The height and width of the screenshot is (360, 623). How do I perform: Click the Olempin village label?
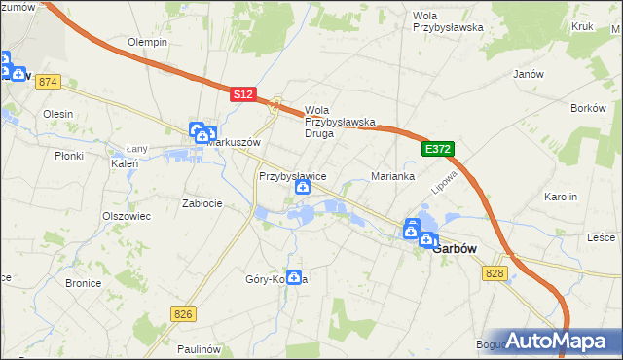(148, 43)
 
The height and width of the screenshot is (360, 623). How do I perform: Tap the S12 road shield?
(243, 94)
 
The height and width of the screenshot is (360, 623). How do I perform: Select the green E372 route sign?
(438, 149)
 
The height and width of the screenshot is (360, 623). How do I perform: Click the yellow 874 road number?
(49, 82)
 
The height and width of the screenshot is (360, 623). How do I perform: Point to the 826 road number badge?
(182, 313)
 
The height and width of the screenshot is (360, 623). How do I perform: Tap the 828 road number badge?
(495, 274)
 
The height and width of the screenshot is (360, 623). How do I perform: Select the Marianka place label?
(393, 177)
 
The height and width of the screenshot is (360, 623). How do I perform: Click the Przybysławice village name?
(292, 176)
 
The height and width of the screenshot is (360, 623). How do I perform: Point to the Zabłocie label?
(202, 203)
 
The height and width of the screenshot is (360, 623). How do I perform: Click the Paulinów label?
(202, 348)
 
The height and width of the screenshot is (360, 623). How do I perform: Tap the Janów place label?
(527, 74)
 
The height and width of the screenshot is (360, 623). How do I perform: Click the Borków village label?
(589, 108)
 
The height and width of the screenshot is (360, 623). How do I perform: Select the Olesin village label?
(57, 114)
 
